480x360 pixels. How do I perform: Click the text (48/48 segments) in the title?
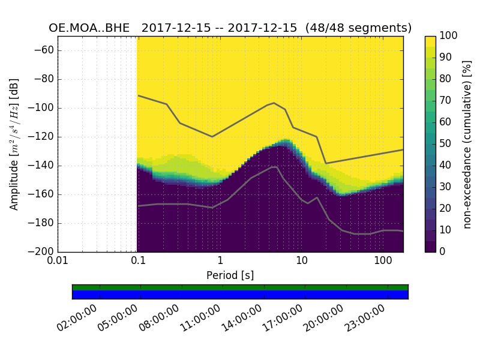click(x=358, y=28)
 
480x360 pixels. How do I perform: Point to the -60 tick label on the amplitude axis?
click(x=44, y=50)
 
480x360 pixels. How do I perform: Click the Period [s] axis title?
click(x=230, y=275)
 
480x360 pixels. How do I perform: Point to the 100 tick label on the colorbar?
click(x=448, y=36)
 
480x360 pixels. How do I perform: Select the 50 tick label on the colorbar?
click(x=446, y=144)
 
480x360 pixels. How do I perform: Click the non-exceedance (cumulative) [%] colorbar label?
click(x=468, y=144)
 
